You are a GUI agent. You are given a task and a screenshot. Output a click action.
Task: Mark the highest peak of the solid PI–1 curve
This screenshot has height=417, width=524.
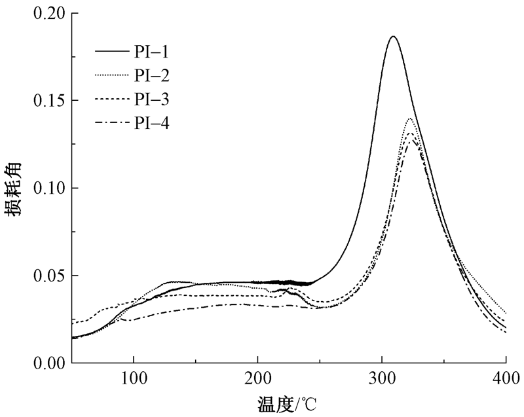(x=393, y=37)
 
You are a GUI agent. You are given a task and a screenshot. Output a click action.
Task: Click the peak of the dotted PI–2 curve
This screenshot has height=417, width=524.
(x=410, y=118)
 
